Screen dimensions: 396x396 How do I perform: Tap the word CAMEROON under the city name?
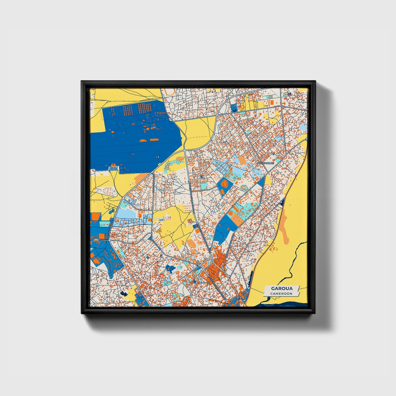coord(281,294)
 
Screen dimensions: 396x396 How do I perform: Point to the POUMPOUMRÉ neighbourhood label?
coord(265,163)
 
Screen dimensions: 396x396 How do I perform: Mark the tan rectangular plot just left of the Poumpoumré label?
coord(242,159)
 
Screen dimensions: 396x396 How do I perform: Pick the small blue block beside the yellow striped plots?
coord(234,108)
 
